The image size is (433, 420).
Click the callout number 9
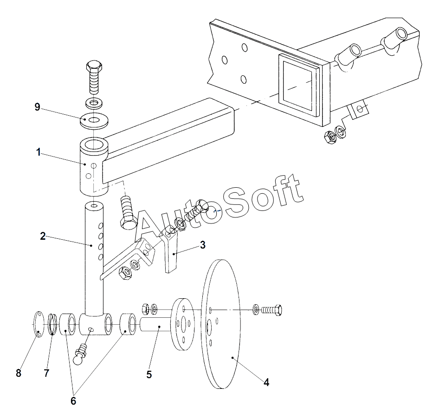point(37,107)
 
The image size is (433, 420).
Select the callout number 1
point(39,152)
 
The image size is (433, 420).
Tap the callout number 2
point(43,236)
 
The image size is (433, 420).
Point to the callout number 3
point(203,245)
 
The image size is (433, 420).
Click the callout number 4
point(266,382)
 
